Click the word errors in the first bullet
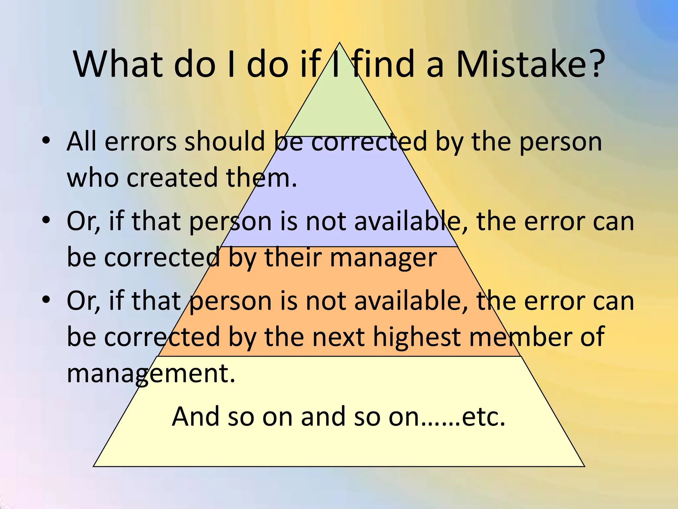140,142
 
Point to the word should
225,142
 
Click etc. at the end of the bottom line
483,417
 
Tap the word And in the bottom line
195,417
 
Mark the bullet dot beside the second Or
46,300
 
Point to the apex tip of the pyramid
339,43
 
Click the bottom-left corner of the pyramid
94,466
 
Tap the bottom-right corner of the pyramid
584,466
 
